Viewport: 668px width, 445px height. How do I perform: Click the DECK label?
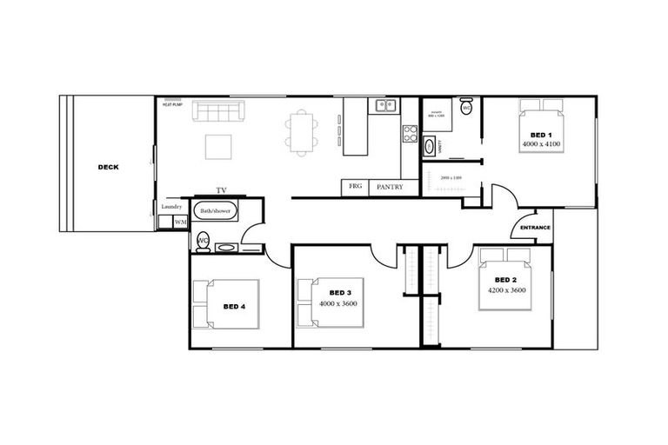(108, 167)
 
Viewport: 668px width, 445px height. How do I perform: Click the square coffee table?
(218, 146)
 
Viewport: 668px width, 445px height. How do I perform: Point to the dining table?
(300, 131)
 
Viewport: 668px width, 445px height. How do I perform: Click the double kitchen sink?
(385, 106)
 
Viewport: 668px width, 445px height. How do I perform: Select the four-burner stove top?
(410, 134)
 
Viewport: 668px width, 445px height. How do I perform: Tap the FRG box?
(355, 186)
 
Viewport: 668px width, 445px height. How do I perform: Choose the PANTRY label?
(389, 186)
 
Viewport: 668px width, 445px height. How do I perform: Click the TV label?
(221, 190)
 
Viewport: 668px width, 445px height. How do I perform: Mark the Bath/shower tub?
(215, 211)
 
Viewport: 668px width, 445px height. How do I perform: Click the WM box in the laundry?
(181, 222)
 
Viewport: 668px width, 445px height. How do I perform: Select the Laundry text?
(171, 207)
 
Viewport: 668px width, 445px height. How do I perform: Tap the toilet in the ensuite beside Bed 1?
(466, 108)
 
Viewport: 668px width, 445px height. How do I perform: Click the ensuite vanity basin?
(430, 146)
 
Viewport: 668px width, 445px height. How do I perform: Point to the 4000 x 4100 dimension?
(539, 144)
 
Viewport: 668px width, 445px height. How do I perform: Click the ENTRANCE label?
(535, 228)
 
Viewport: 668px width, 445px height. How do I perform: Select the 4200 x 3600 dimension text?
(506, 290)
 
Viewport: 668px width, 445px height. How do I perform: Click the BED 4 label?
(235, 306)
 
